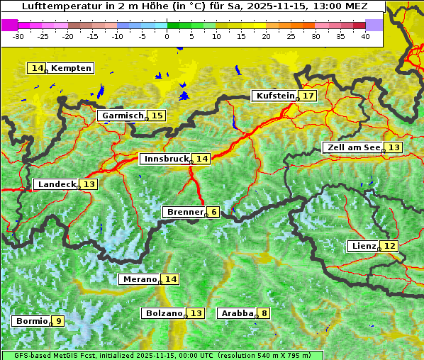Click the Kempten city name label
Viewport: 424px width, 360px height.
(x=71, y=68)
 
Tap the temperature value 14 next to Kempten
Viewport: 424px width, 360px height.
(x=38, y=68)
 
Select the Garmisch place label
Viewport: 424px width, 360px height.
(x=122, y=116)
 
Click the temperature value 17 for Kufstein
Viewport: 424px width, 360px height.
(x=308, y=96)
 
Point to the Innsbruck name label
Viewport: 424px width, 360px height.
(x=165, y=159)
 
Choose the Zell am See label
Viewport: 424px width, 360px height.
(x=352, y=147)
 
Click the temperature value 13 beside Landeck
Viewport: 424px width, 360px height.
(x=89, y=184)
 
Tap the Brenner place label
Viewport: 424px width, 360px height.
(x=184, y=212)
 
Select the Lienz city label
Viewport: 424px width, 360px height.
(x=363, y=246)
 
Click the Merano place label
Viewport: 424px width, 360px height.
(x=138, y=279)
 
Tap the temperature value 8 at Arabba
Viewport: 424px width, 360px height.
(x=264, y=313)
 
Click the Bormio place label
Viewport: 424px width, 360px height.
(x=31, y=321)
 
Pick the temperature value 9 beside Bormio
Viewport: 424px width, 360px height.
(x=58, y=321)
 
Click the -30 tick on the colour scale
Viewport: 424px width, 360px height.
(x=18, y=35)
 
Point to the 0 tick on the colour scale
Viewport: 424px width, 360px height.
(x=167, y=35)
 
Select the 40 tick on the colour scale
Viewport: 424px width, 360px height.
(x=365, y=35)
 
